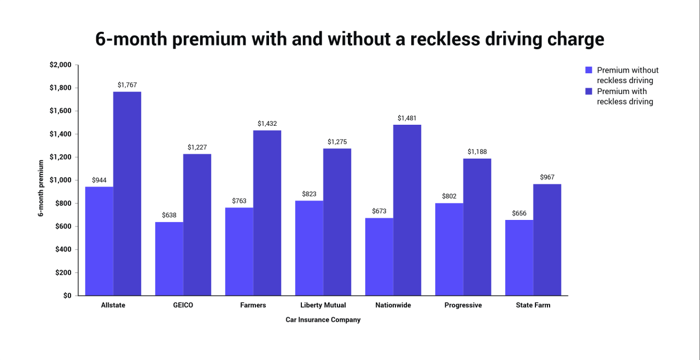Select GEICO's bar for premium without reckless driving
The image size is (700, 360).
pos(169,258)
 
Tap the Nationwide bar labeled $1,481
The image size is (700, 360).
pos(407,210)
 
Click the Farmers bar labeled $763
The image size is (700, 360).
pos(239,251)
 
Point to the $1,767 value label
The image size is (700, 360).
pos(127,85)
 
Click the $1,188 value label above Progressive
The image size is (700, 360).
pos(477,152)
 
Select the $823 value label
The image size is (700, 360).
pos(309,194)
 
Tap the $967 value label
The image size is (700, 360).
pos(547,177)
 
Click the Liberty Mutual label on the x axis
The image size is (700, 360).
pos(323,305)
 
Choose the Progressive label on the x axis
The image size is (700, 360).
pos(463,305)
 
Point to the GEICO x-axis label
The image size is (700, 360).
pos(183,305)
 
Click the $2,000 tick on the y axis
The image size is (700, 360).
pos(60,65)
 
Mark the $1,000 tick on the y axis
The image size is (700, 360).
pos(60,181)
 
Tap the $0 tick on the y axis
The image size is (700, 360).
pos(67,295)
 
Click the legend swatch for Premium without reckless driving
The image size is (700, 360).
pos(589,70)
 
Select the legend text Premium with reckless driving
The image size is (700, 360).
pos(625,96)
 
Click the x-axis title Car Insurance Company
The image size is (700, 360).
pos(323,320)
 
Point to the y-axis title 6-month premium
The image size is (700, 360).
pos(41,188)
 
